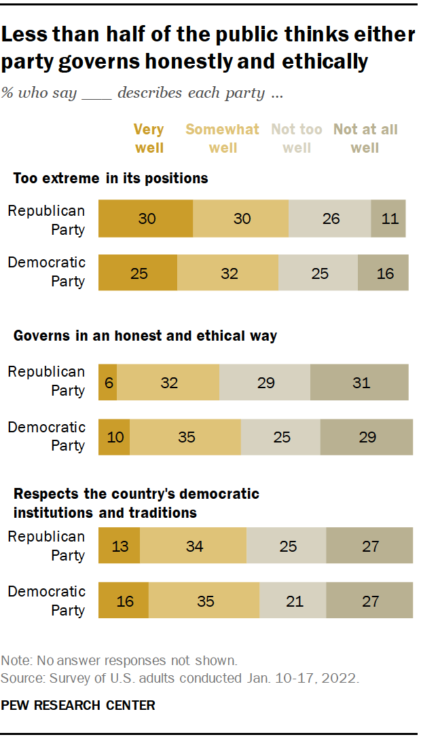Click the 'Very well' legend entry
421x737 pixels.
[x=149, y=138]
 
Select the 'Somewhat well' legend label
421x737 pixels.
[x=222, y=138]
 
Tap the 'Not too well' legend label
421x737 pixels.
[x=297, y=138]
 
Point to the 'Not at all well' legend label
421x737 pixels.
[x=365, y=138]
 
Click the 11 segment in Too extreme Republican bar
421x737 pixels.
[x=388, y=219]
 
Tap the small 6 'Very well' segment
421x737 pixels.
[x=107, y=383]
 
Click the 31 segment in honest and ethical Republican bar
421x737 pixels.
[x=360, y=383]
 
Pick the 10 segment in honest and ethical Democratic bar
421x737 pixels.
[x=114, y=437]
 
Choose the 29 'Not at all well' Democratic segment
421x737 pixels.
[x=367, y=437]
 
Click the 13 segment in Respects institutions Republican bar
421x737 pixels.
[x=119, y=546]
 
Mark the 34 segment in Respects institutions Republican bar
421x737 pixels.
[x=194, y=546]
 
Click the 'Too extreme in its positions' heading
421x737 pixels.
[x=111, y=178]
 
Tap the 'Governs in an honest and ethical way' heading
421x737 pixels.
[x=145, y=336]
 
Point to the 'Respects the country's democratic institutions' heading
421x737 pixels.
[x=136, y=503]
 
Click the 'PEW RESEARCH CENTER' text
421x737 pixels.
[x=78, y=705]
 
